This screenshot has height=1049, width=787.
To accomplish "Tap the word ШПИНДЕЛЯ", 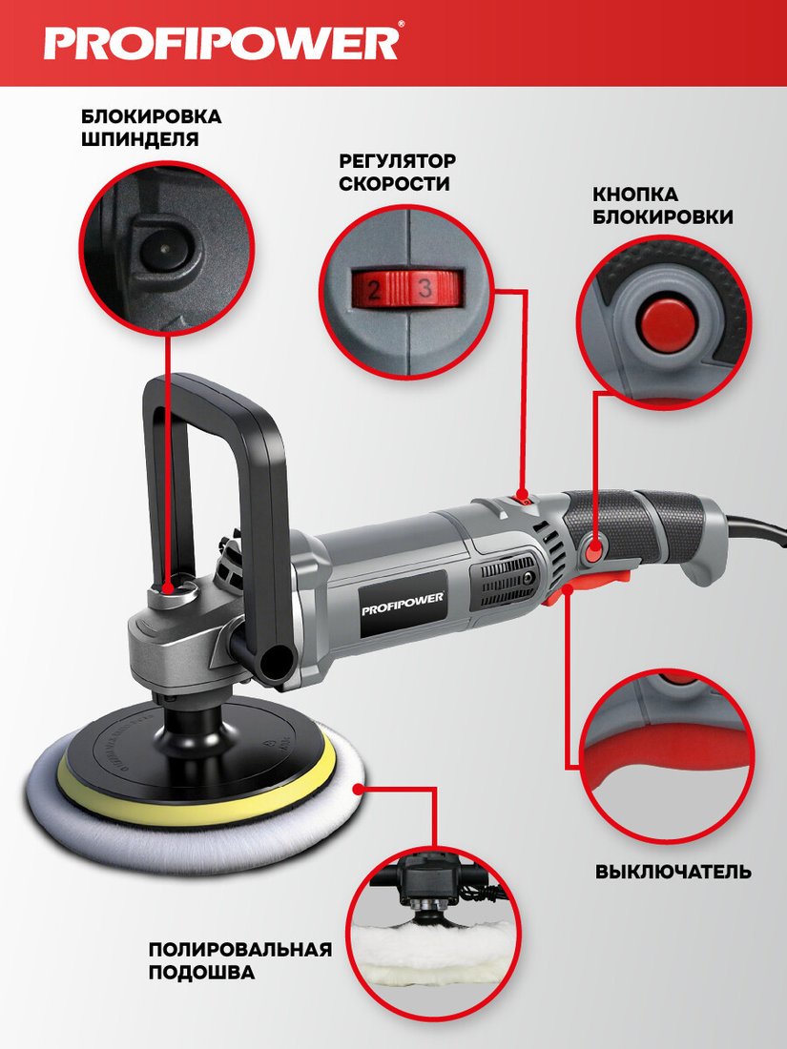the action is point(140,140).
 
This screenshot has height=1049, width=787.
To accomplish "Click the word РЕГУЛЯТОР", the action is point(397,161).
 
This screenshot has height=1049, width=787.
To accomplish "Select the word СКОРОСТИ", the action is point(393,184).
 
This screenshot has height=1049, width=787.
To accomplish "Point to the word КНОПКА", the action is point(635,195).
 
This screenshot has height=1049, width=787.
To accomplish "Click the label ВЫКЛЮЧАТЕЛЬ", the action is point(673,873).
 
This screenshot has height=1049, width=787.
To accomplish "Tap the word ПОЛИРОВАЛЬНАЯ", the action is point(240,950).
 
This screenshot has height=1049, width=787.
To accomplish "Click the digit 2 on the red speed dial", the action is point(373,290).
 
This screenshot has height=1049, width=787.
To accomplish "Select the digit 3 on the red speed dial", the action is point(425,289).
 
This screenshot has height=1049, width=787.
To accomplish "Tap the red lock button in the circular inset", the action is point(666,321).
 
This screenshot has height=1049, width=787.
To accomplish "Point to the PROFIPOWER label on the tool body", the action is point(403,602).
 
